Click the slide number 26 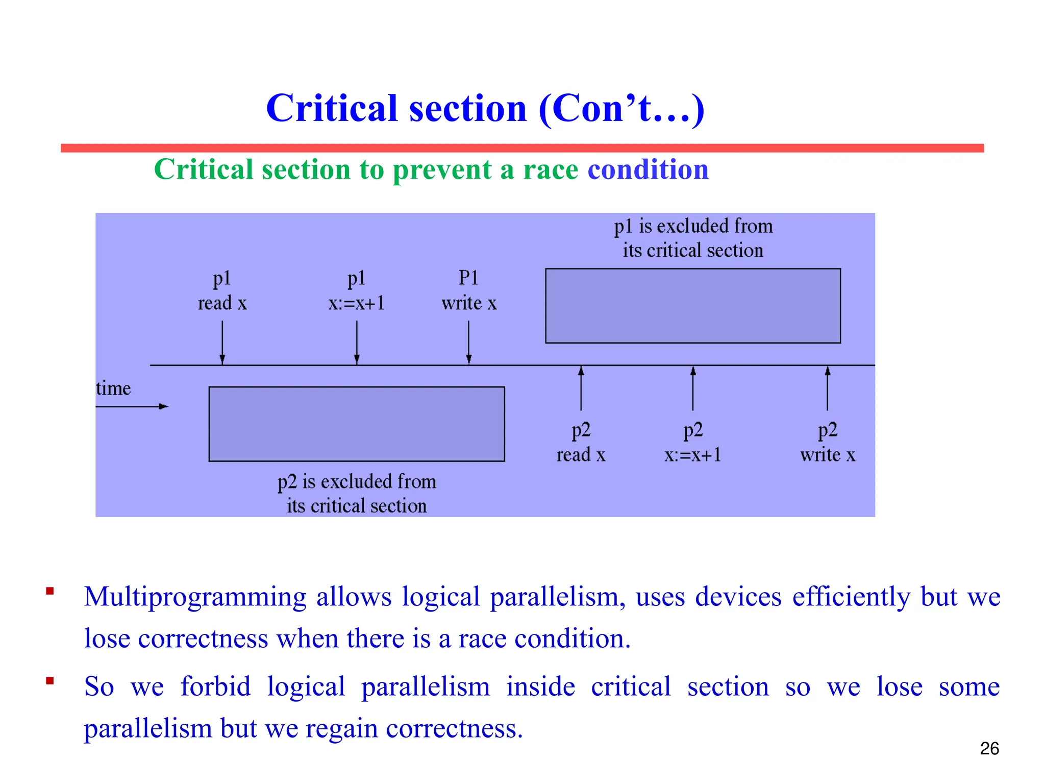[989, 748]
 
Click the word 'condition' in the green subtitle [648, 169]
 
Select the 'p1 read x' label [222, 291]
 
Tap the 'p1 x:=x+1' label [356, 291]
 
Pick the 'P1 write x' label [468, 291]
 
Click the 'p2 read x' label [581, 442]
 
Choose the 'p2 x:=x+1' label [692, 442]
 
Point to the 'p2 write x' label [827, 442]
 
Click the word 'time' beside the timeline [113, 388]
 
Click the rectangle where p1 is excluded [692, 306]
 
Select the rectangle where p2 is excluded [356, 424]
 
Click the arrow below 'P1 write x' [468, 342]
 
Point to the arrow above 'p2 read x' [581, 388]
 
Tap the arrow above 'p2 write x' [827, 388]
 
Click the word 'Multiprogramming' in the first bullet [195, 597]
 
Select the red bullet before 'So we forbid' [49, 680]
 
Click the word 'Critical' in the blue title [332, 108]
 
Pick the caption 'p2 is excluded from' [356, 481]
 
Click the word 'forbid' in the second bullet [215, 686]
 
